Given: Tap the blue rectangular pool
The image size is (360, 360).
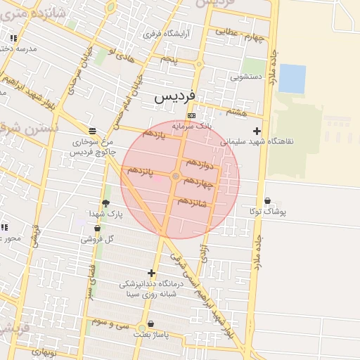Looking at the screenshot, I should point(292,79).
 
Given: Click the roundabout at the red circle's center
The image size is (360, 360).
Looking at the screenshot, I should point(176,176).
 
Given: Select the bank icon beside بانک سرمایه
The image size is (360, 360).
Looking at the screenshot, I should point(191,116).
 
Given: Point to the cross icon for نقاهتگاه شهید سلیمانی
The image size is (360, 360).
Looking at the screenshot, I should point(257,131).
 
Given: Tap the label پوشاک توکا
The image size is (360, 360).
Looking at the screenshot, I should point(267,211).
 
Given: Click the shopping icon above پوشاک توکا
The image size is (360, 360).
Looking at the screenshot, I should point(267,201).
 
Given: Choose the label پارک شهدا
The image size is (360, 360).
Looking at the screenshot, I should point(105,213).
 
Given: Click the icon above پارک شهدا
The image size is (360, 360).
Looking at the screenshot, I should point(105,203).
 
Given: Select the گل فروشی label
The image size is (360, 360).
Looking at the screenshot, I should point(97,239).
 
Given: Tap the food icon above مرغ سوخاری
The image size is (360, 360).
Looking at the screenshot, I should point(92,131).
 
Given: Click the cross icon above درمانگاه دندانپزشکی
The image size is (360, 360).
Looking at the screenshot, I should point(151,273).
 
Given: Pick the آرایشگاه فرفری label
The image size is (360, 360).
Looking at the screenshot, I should point(162,34).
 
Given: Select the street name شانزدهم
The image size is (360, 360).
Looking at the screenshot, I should point(192,201).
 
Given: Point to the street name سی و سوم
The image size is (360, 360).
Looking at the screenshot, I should point(115,324).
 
